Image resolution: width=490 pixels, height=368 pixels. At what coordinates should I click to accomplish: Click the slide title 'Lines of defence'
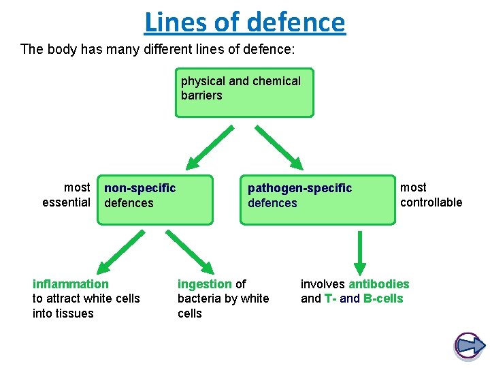tap(245, 22)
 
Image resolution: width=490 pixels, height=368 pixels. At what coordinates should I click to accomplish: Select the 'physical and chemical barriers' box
tap(244, 92)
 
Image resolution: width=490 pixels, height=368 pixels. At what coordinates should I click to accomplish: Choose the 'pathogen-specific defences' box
tap(317, 200)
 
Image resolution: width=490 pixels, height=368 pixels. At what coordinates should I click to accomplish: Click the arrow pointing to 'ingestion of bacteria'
tap(191, 251)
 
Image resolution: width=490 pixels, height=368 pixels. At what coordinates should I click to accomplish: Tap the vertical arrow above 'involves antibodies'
tap(360, 252)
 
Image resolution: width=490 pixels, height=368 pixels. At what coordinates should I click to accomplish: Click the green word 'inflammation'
tap(70, 283)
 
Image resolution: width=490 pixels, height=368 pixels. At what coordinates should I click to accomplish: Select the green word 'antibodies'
tap(379, 283)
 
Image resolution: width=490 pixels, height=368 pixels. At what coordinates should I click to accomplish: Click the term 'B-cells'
tap(384, 298)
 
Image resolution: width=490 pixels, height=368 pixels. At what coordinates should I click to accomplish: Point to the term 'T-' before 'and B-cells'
tap(330, 298)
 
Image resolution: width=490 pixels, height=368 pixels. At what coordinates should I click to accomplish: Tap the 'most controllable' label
tap(431, 194)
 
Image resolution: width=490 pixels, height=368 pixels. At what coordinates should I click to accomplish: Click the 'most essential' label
tap(67, 194)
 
